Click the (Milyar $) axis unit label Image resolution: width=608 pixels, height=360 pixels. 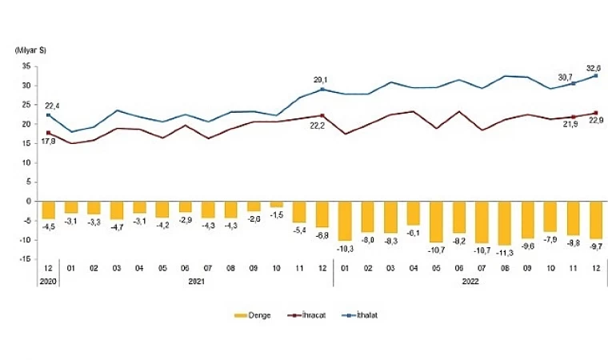(x=29, y=50)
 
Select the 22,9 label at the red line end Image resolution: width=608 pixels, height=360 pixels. (x=596, y=120)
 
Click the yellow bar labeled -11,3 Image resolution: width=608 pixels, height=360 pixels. (x=504, y=222)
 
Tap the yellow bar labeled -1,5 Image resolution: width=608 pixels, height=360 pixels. (x=276, y=204)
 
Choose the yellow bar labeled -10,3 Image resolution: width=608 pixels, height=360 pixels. (x=345, y=220)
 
